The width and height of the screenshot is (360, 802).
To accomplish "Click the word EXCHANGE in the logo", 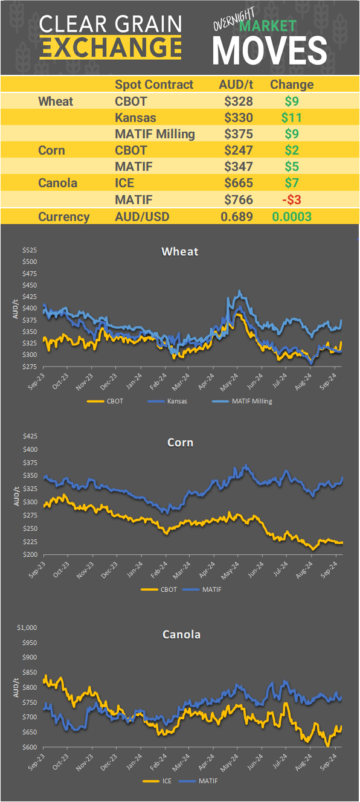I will pyautogui.click(x=111, y=47).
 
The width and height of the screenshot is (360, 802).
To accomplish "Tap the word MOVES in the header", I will pyautogui.click(x=269, y=50).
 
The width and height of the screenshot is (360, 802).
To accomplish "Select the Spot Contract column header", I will pyautogui.click(x=154, y=85).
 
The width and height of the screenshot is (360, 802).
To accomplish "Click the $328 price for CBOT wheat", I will pyautogui.click(x=238, y=101).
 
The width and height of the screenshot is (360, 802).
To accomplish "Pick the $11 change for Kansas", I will pyautogui.click(x=291, y=117).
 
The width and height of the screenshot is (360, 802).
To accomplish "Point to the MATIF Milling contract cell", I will pyautogui.click(x=155, y=134).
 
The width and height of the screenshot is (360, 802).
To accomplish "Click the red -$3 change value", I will pyautogui.click(x=291, y=199).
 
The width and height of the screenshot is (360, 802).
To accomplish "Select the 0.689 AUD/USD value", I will pyautogui.click(x=237, y=217).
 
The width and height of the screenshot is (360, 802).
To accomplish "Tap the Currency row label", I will pyautogui.click(x=64, y=217).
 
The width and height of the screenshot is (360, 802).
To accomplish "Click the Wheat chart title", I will pyautogui.click(x=179, y=251).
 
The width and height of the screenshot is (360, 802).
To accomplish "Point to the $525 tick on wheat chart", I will pyautogui.click(x=30, y=250).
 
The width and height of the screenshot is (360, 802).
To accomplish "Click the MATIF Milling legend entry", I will pyautogui.click(x=242, y=400).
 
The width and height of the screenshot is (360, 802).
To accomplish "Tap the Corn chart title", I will pyautogui.click(x=180, y=443).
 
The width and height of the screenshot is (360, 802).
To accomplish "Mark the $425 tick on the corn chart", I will pyautogui.click(x=30, y=436).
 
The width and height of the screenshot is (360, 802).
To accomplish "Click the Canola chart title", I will pyautogui.click(x=181, y=634).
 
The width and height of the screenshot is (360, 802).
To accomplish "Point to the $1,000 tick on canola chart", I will pyautogui.click(x=28, y=627).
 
